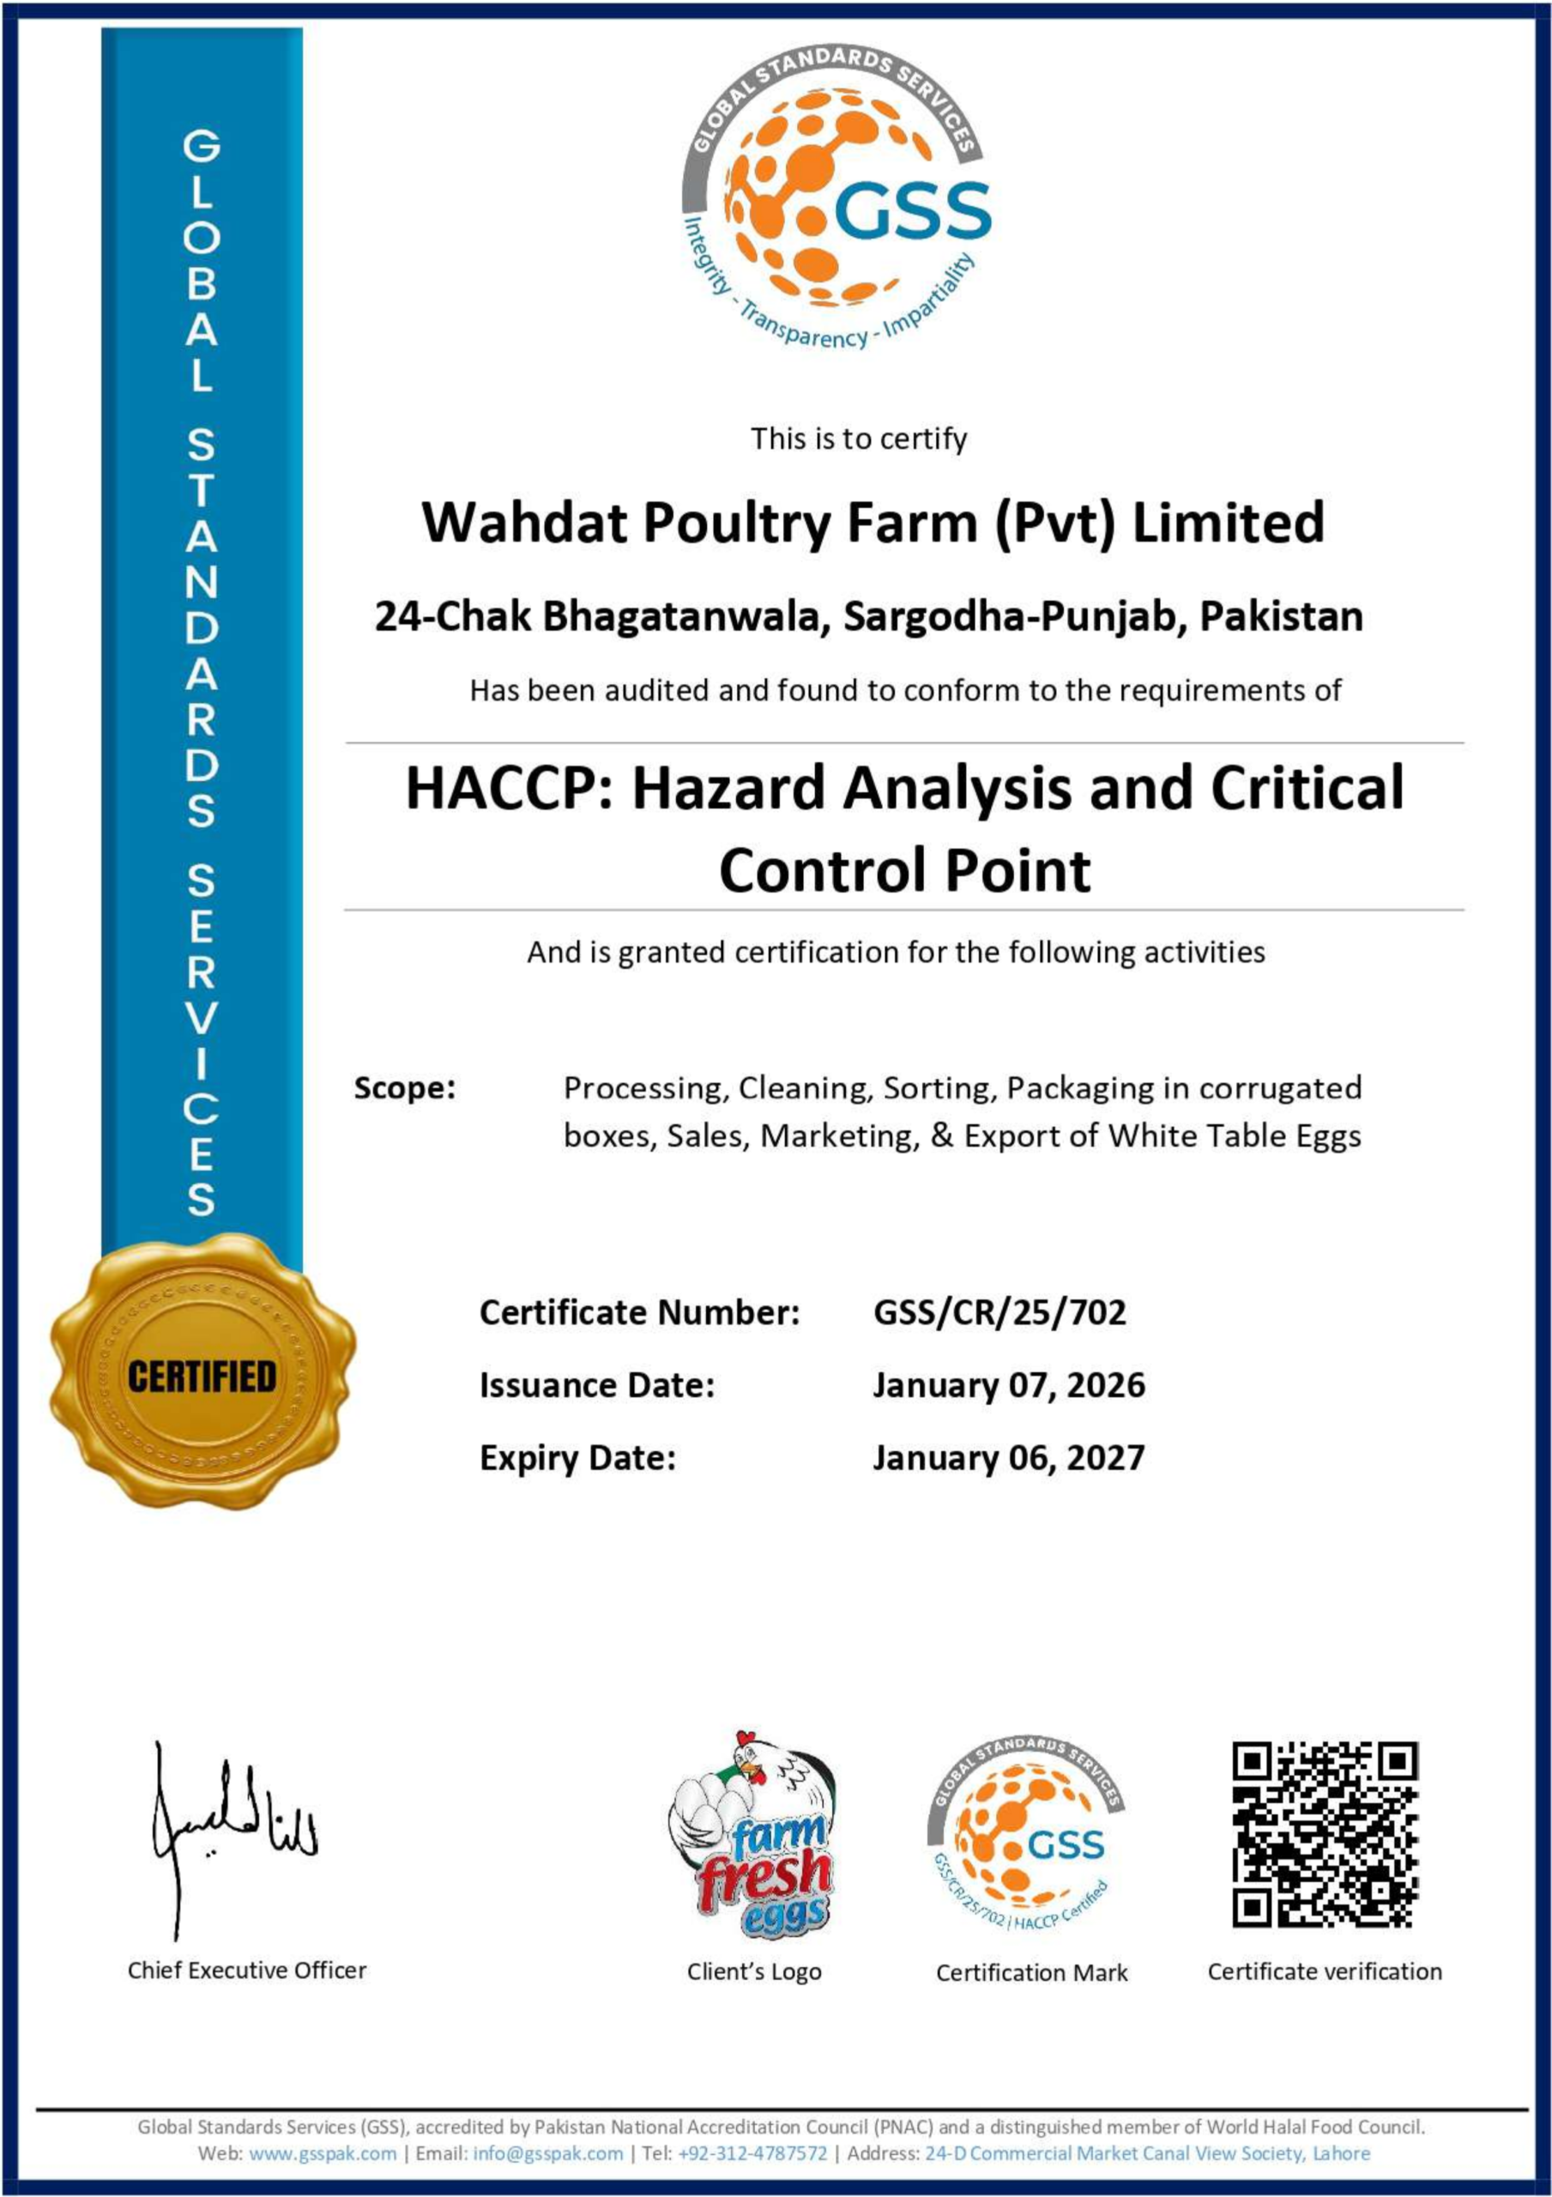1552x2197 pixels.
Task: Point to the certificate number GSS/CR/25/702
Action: click(x=999, y=1312)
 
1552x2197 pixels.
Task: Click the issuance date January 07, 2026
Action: click(x=1007, y=1384)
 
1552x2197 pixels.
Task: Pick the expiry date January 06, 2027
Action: click(x=1007, y=1457)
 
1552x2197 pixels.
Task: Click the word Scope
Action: click(x=404, y=1088)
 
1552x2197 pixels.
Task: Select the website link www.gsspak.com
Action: click(x=323, y=2153)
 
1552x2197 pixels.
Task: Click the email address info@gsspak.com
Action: click(x=547, y=2153)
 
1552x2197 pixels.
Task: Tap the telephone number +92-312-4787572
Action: click(x=752, y=2153)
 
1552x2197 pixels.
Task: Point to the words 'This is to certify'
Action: click(x=858, y=439)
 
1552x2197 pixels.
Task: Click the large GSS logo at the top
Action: click(x=836, y=201)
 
